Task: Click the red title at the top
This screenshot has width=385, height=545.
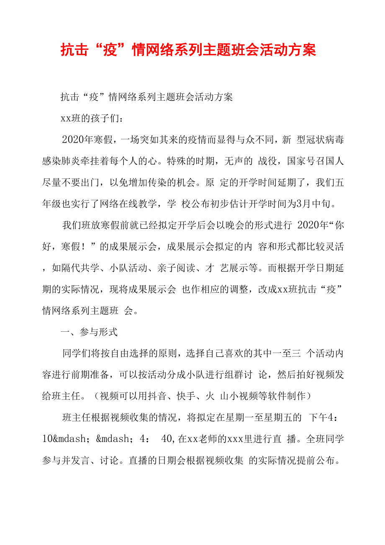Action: coord(188,50)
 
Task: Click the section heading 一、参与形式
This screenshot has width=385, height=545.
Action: coord(89,332)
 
